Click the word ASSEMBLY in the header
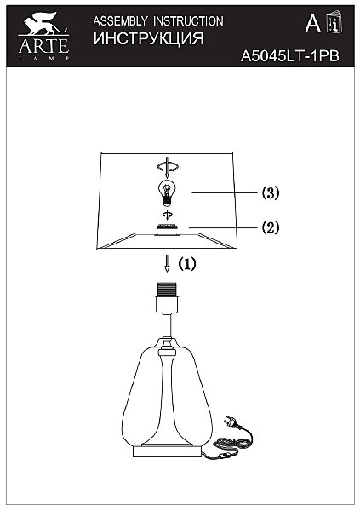(x=120, y=21)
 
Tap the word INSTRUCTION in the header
(x=188, y=21)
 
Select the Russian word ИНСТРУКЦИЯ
(x=149, y=38)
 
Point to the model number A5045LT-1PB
(x=289, y=56)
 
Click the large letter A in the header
(x=312, y=23)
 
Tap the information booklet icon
(x=334, y=22)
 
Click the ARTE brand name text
(x=43, y=46)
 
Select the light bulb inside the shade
(x=167, y=193)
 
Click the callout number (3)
(x=271, y=193)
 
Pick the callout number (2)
(x=271, y=227)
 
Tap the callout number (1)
(x=187, y=264)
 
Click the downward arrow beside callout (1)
(x=167, y=263)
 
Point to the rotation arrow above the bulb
(x=167, y=167)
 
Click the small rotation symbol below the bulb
(x=168, y=215)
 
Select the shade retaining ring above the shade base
(x=168, y=227)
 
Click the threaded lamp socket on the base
(x=168, y=290)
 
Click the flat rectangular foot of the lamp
(x=168, y=452)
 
